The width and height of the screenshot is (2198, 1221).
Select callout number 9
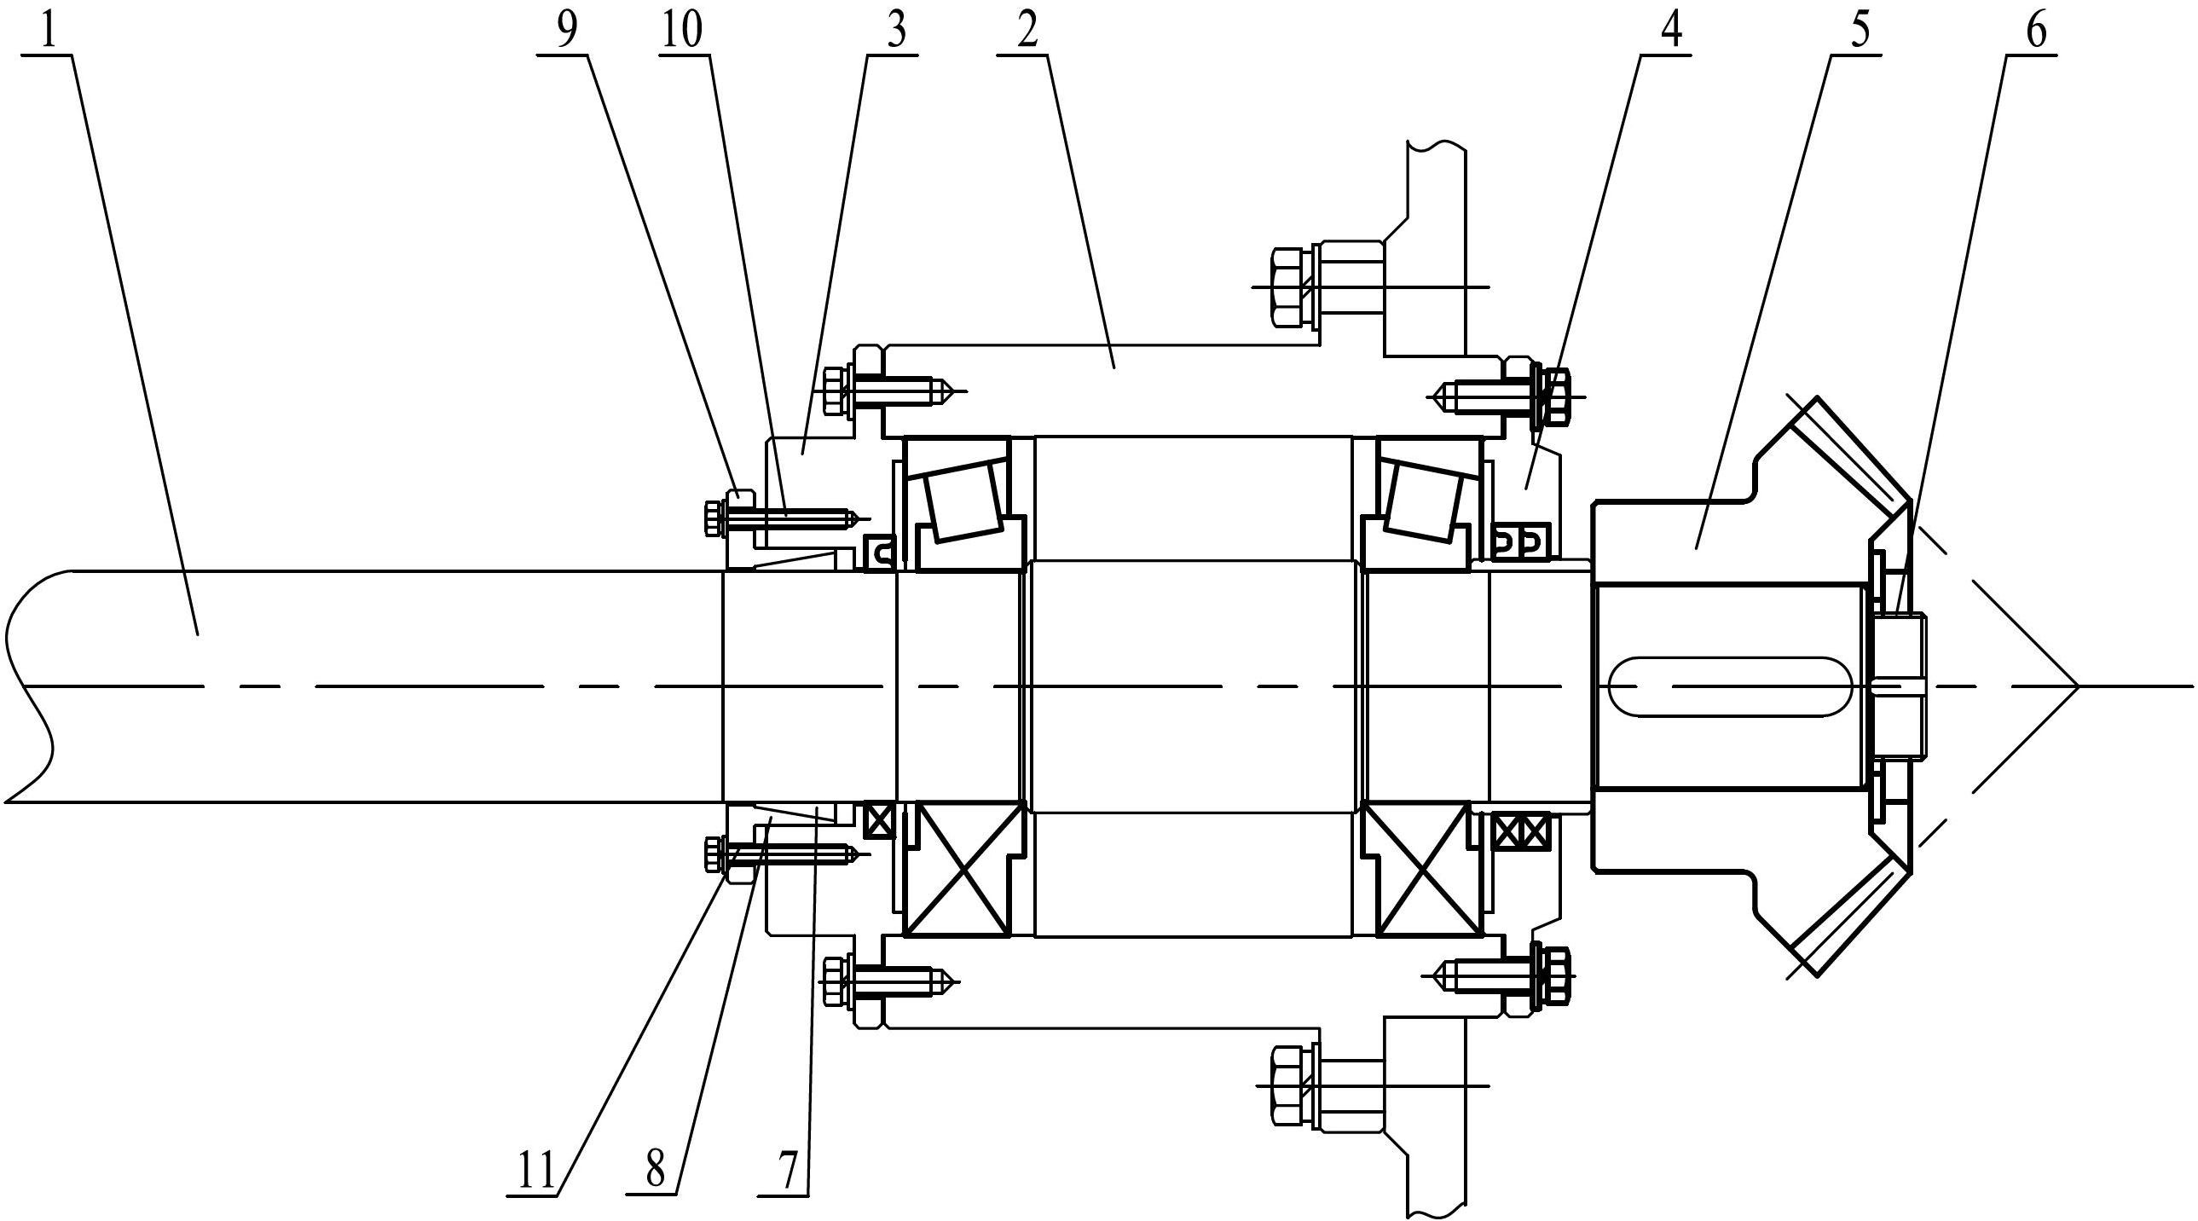click(x=567, y=30)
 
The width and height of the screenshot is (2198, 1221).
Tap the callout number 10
click(x=683, y=30)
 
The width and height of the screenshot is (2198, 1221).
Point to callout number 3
click(x=894, y=30)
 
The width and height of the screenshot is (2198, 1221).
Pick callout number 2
click(x=1027, y=30)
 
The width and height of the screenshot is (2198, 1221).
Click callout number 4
click(x=1670, y=30)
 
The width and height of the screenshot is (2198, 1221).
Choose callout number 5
click(x=1861, y=30)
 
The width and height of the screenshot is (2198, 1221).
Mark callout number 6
click(x=2035, y=30)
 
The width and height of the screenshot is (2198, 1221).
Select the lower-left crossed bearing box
click(x=963, y=868)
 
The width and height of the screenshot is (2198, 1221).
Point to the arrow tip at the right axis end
click(x=2075, y=686)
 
